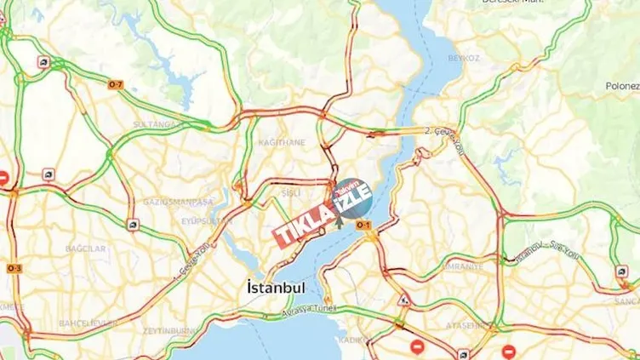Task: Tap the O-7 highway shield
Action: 115,84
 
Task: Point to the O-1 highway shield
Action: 363,224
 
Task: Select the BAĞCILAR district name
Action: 86,249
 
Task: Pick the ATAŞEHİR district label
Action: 466,325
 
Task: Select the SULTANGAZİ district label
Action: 154,124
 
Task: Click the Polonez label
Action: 621,86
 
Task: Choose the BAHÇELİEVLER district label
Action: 88,323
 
